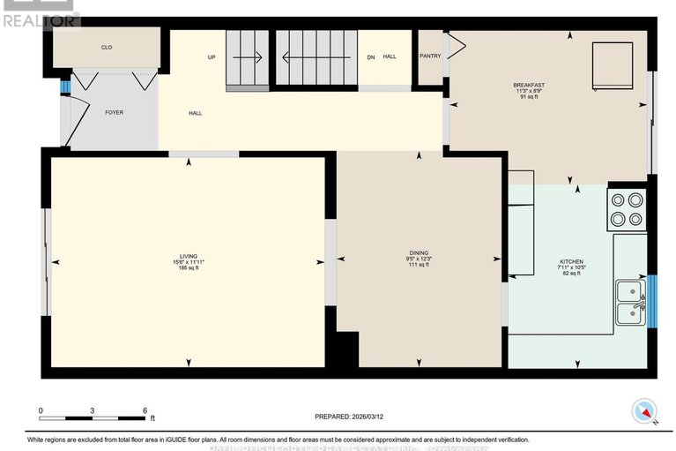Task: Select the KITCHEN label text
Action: click(x=571, y=262)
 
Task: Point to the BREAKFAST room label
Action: click(x=529, y=85)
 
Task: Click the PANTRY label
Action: click(x=430, y=56)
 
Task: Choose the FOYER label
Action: click(x=115, y=112)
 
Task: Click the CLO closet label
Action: click(x=107, y=48)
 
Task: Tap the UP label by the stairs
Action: click(x=212, y=57)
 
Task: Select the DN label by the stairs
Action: click(x=371, y=57)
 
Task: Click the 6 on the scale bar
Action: click(x=145, y=411)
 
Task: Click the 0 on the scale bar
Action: click(x=41, y=411)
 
